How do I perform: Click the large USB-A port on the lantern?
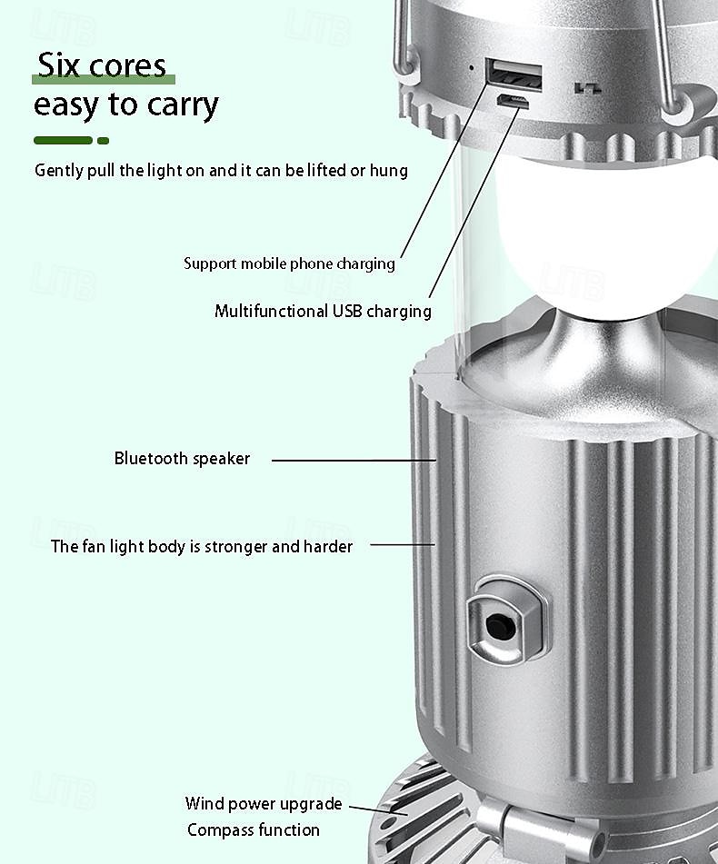point(514,74)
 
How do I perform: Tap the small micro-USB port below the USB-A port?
point(513,102)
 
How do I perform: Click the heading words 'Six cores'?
point(102,65)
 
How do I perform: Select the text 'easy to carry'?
point(126,104)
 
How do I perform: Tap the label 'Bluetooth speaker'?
point(182,459)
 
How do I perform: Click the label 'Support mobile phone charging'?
point(289,263)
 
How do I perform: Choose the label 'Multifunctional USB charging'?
point(323,312)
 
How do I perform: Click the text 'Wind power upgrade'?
point(264,804)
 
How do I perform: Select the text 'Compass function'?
point(254,829)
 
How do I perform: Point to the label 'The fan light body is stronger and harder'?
point(202,547)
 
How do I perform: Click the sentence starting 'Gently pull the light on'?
point(221,171)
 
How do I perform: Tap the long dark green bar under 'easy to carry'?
point(63,141)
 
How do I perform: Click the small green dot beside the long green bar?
point(103,141)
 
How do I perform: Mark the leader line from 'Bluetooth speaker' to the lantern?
point(354,460)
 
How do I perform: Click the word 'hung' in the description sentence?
point(388,171)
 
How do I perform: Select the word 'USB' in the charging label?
point(347,311)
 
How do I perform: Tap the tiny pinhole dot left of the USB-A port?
point(471,68)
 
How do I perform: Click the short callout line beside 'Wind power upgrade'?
point(379,810)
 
